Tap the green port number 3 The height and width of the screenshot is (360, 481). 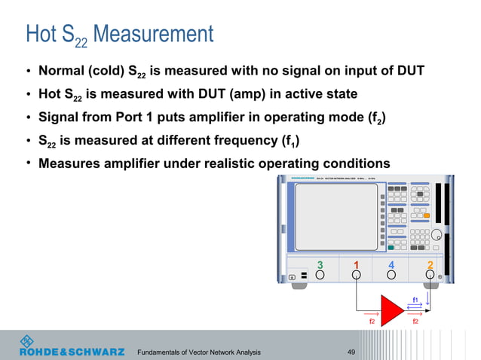pyautogui.click(x=320, y=264)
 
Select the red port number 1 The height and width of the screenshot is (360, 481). pyautogui.click(x=356, y=264)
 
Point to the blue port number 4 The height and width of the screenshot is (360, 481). pyautogui.click(x=391, y=264)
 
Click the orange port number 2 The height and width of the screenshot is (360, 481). pyautogui.click(x=430, y=264)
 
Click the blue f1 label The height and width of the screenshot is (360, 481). pyautogui.click(x=415, y=300)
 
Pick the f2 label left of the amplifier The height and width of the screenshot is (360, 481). pyautogui.click(x=371, y=321)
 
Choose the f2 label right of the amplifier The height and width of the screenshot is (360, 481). pyautogui.click(x=415, y=321)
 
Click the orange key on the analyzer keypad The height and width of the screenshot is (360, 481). pyautogui.click(x=426, y=216)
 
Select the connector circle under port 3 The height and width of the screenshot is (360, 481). pyautogui.click(x=320, y=276)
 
